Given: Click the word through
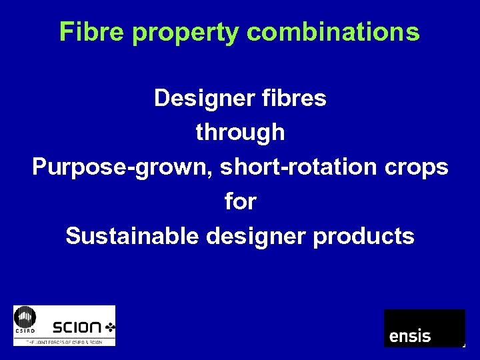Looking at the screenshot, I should click(x=240, y=133).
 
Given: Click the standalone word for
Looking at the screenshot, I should click(x=240, y=201).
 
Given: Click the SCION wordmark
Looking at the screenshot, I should click(x=77, y=327).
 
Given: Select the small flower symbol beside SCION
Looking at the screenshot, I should click(x=109, y=327).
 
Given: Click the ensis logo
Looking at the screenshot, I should click(x=424, y=328).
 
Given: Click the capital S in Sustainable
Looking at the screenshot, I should click(x=73, y=236).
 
